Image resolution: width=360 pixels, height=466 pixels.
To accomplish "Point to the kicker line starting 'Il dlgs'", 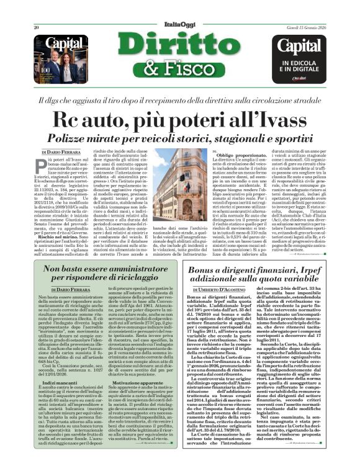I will tap(180, 100).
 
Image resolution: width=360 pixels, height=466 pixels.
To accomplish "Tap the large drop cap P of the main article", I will tap(45, 164).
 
